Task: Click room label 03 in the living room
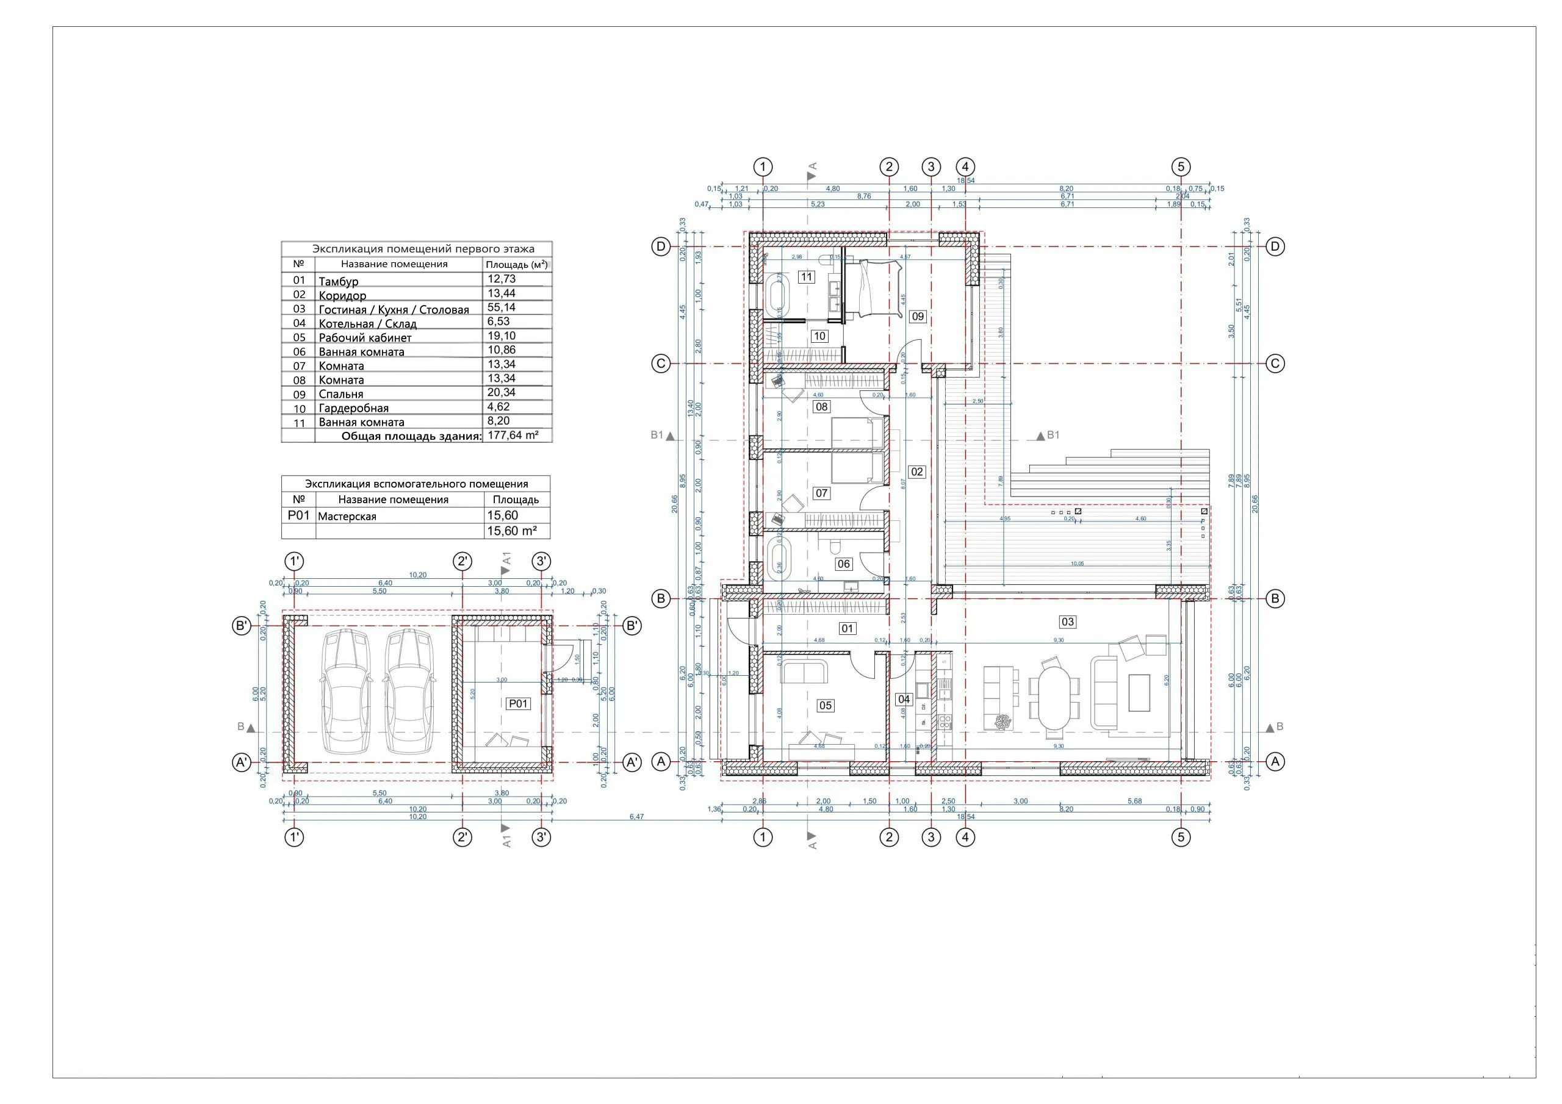[x=1067, y=622]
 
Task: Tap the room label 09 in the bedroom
[x=918, y=317]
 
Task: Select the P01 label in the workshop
[x=519, y=704]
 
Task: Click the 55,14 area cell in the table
[x=502, y=307]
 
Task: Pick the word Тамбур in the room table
[x=338, y=281]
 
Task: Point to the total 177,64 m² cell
[x=513, y=436]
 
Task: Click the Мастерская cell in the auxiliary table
[x=347, y=516]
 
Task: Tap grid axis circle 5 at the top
[x=1181, y=167]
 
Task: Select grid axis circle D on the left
[x=661, y=246]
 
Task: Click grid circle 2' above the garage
[x=462, y=561]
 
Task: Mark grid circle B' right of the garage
[x=633, y=626]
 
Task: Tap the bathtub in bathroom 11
[x=777, y=294]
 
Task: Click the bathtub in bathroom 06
[x=777, y=561]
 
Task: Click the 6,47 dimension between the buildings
[x=636, y=816]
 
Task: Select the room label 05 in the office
[x=825, y=705]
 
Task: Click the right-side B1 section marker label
[x=1053, y=436]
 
